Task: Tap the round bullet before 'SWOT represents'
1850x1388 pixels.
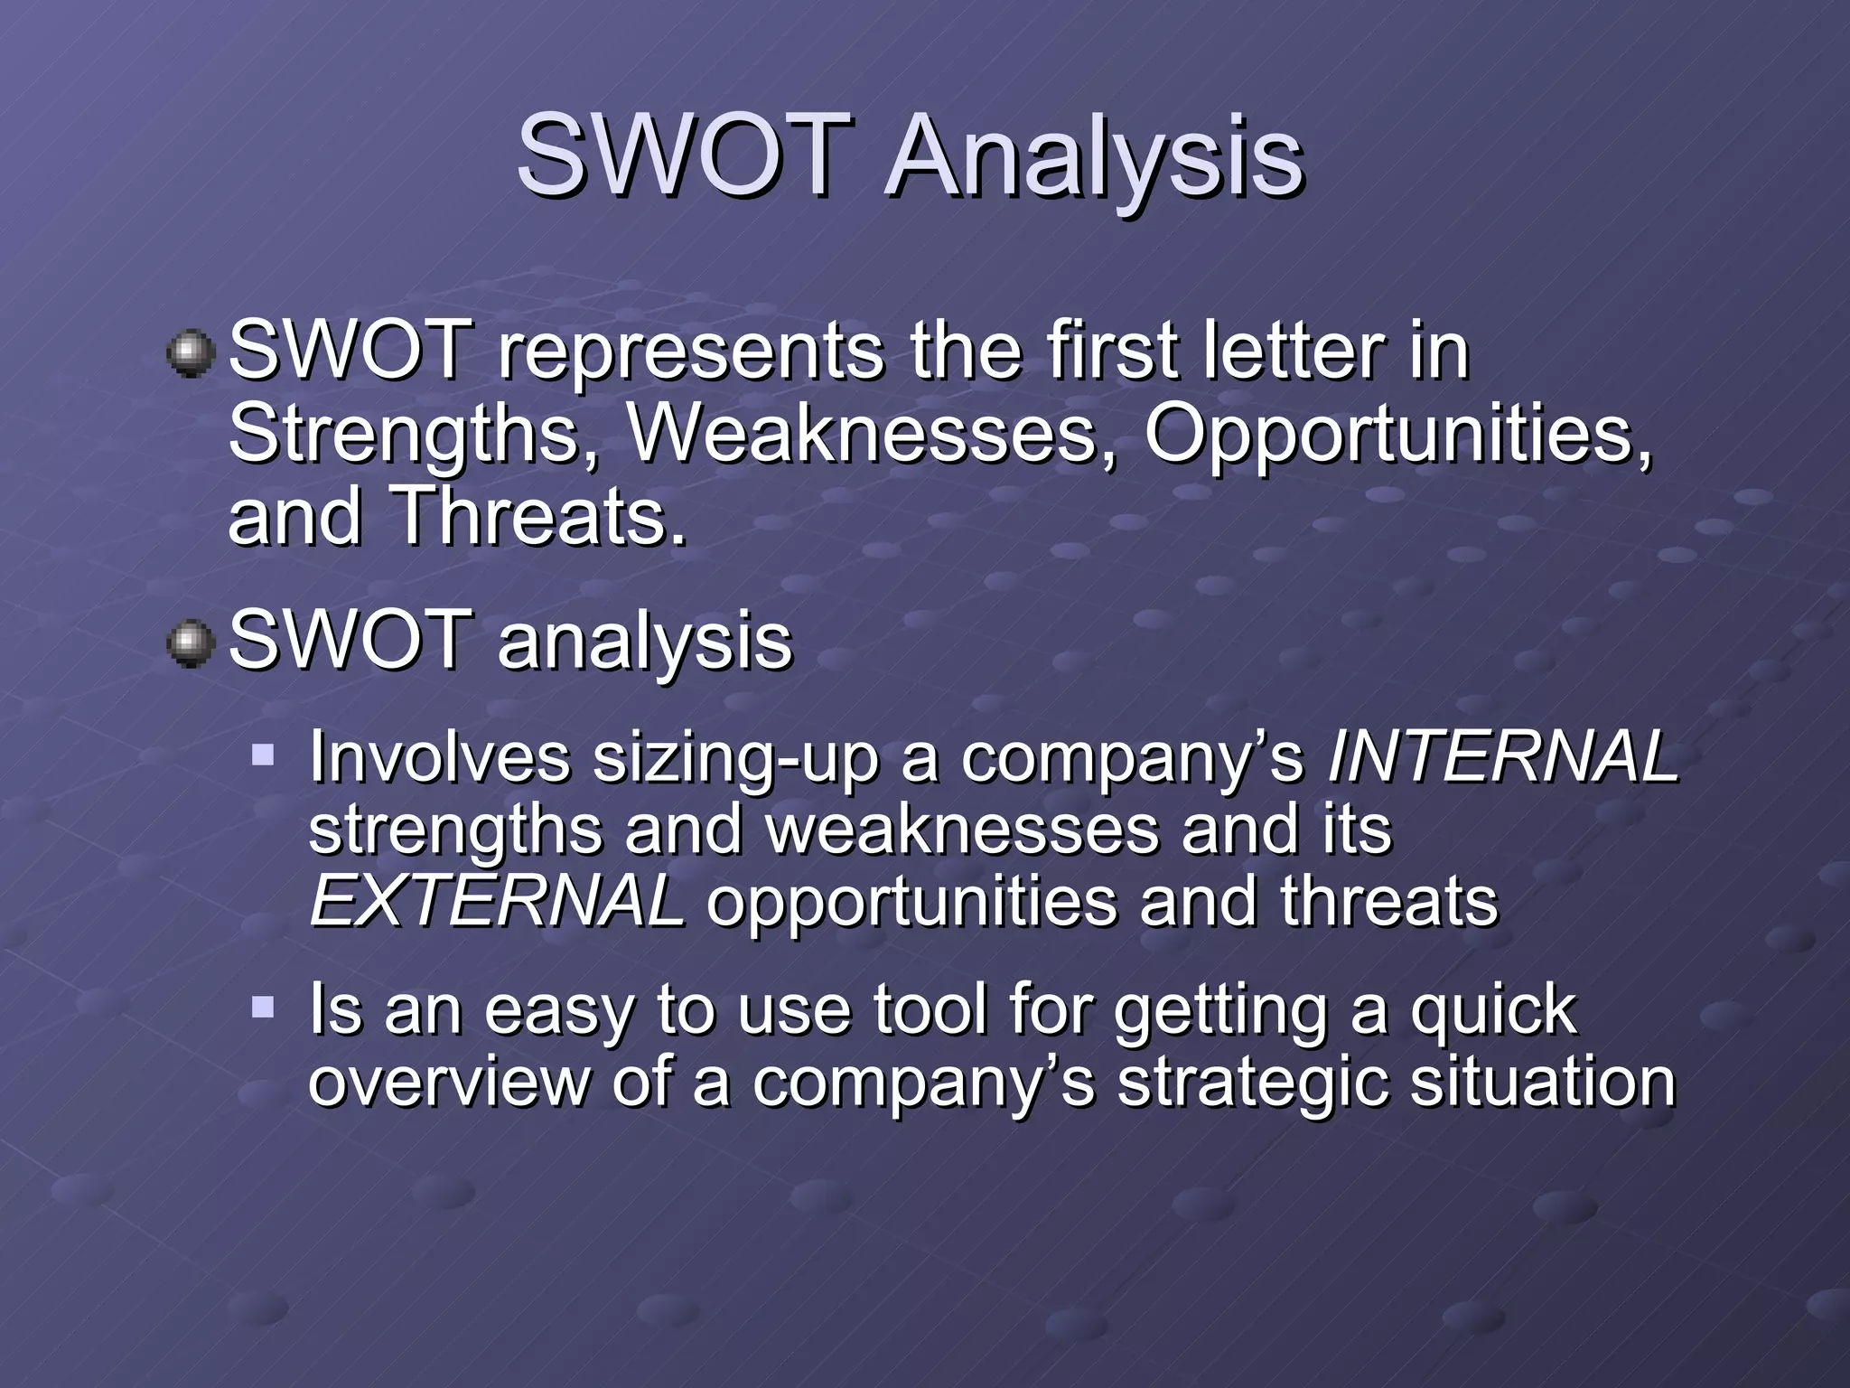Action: (191, 353)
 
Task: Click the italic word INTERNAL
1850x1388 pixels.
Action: (1502, 757)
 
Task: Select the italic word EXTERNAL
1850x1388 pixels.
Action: (496, 902)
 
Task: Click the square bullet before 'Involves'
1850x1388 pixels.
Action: (263, 755)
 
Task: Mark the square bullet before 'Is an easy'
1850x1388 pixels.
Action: (263, 1006)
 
